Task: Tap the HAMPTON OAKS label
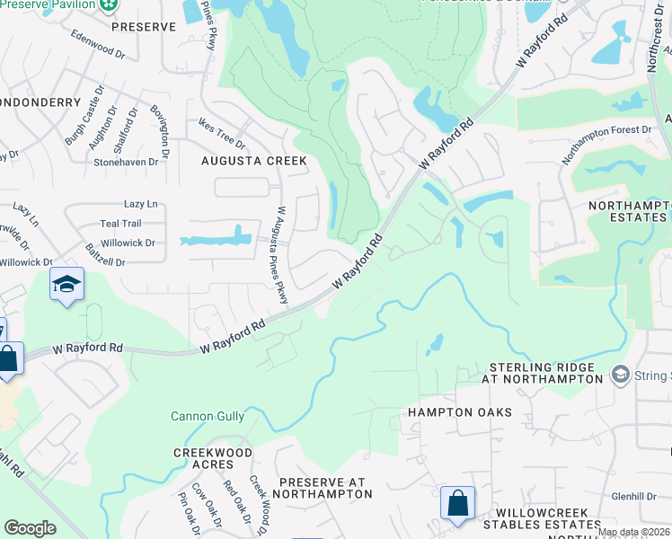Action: pyautogui.click(x=459, y=412)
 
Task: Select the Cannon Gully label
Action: pyautogui.click(x=207, y=416)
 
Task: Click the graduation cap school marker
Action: pyautogui.click(x=66, y=286)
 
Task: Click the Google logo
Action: pyautogui.click(x=30, y=528)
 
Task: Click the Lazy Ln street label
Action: pyautogui.click(x=140, y=204)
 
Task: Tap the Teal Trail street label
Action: pyautogui.click(x=120, y=224)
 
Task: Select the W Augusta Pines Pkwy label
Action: pyautogui.click(x=281, y=255)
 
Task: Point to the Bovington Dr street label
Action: pyautogui.click(x=160, y=127)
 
